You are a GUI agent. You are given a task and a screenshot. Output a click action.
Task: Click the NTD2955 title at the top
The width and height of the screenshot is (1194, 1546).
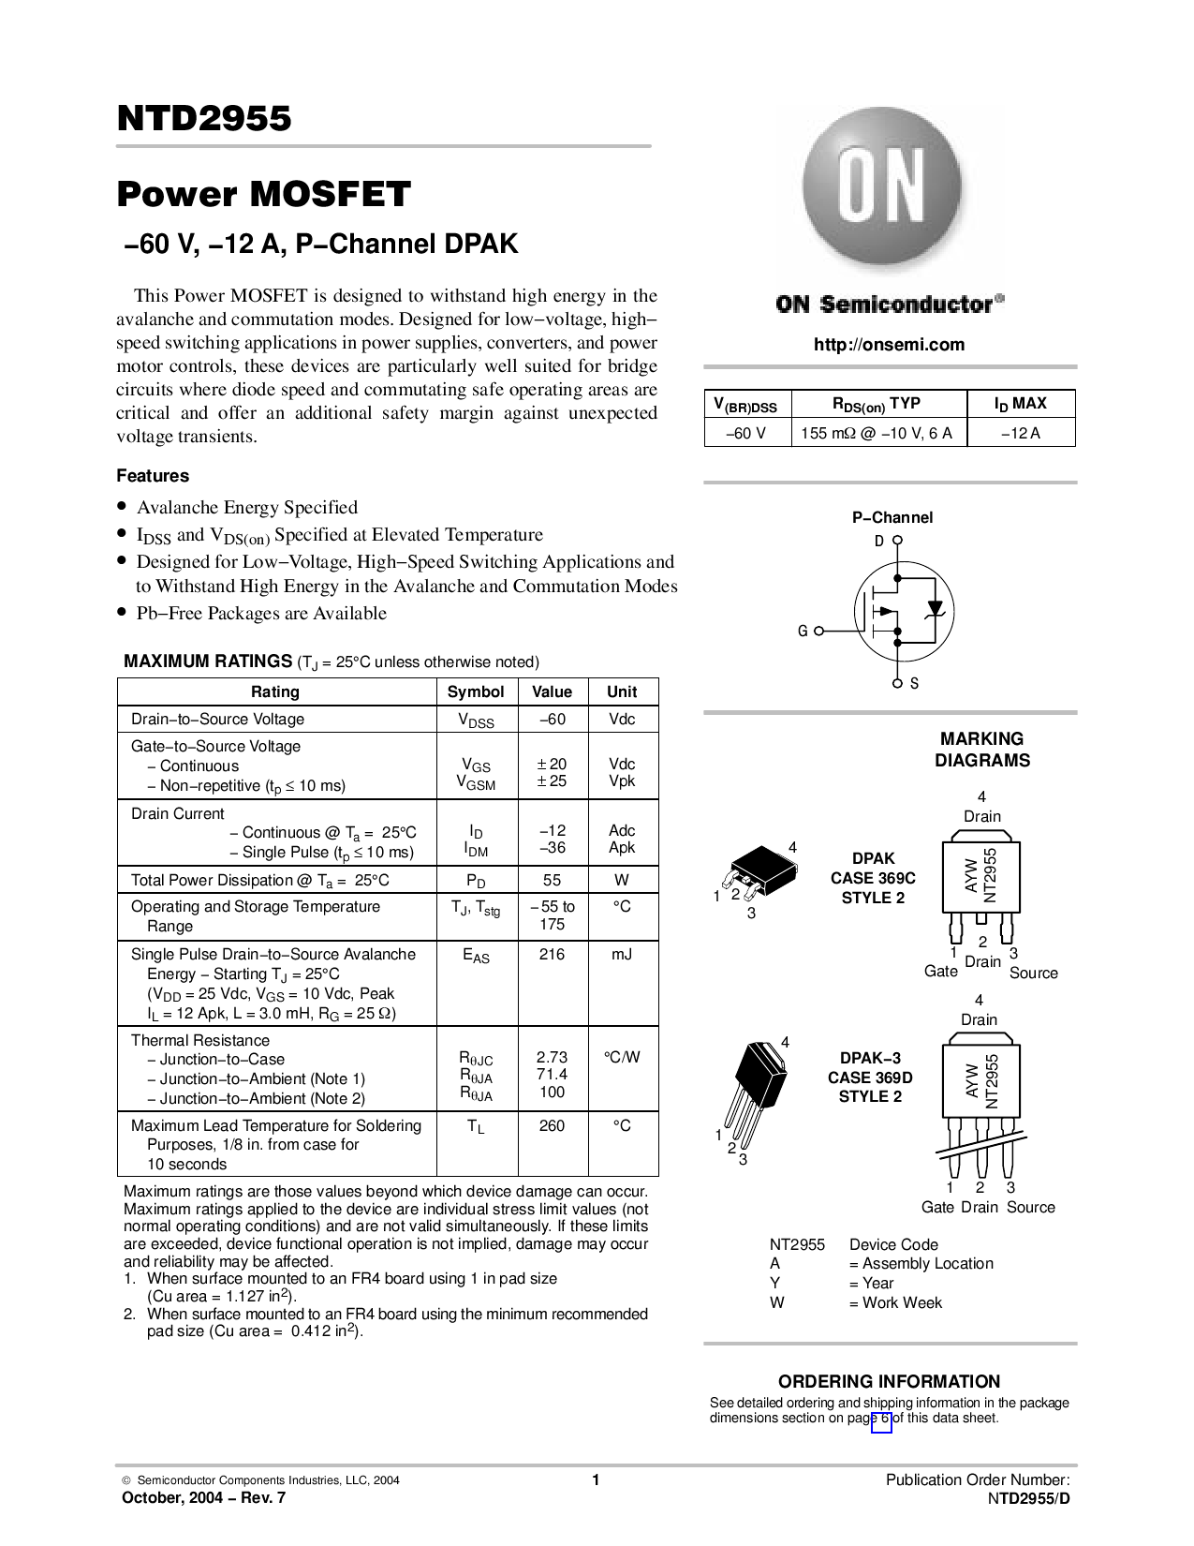pos(204,119)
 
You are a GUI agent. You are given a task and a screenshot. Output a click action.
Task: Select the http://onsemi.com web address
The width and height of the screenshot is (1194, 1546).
pos(889,345)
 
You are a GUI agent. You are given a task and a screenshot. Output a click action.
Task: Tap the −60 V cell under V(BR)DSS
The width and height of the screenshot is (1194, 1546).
pos(746,433)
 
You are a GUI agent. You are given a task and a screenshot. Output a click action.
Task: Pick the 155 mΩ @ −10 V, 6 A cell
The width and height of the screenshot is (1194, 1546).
pos(877,433)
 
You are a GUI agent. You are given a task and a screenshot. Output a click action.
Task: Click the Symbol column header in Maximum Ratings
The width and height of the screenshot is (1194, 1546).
pos(476,691)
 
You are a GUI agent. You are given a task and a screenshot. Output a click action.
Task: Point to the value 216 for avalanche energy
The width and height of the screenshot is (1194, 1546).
pos(552,954)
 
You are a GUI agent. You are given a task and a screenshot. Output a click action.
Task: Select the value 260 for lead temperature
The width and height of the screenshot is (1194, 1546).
pos(552,1125)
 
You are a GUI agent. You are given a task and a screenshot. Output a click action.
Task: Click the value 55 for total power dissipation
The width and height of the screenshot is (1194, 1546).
pos(552,880)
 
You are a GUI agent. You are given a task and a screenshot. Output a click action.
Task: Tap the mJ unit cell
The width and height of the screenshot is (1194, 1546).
pos(622,954)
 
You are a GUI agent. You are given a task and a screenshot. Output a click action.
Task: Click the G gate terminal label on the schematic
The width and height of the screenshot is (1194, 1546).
pos(803,632)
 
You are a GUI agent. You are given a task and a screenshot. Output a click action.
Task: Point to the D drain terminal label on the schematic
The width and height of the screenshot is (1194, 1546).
pos(879,541)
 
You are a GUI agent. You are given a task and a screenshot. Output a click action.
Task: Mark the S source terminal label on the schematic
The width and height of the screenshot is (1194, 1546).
pos(914,684)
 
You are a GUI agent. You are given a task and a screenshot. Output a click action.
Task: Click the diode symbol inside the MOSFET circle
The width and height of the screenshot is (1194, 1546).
pos(933,609)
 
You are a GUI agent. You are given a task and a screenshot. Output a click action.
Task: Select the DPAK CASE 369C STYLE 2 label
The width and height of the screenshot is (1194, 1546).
pos(873,878)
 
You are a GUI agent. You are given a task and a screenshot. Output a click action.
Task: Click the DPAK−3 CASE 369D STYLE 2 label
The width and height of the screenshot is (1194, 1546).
pos(870,1078)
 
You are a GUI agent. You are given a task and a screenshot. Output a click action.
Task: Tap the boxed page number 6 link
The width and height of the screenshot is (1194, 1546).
pos(881,1419)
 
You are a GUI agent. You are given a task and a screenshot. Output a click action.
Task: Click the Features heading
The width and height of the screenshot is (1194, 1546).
pos(153,476)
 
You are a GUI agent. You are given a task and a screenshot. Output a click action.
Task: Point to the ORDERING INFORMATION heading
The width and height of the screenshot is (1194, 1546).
pos(889,1381)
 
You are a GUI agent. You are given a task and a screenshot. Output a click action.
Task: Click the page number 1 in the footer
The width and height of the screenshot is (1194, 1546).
pos(596,1480)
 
